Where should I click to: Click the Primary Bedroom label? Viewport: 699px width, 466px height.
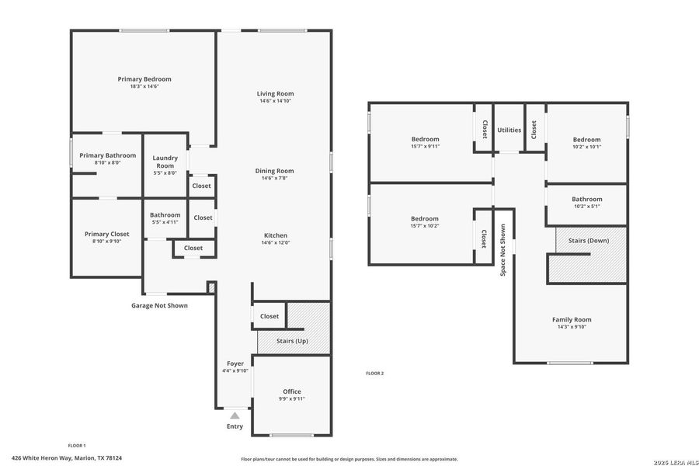pos(144,79)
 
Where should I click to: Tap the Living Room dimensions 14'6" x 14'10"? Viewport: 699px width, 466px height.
pos(276,101)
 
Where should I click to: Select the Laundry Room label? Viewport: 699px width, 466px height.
pos(165,162)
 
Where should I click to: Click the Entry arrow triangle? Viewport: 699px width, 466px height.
pos(235,416)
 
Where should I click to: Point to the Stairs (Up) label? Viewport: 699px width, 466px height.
pos(293,341)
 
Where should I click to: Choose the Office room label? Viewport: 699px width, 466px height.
pos(292,391)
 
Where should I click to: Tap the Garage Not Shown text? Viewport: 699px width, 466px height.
pos(159,305)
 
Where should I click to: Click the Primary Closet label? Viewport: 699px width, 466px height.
pos(107,234)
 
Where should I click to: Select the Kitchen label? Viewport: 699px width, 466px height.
pos(276,235)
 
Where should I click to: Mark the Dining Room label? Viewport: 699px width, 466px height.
pos(276,171)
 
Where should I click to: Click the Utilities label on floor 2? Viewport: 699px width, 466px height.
pos(509,130)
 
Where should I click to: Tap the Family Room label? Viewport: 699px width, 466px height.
pos(572,319)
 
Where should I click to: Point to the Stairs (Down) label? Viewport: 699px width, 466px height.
pos(589,241)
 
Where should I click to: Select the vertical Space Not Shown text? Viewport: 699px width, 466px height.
pos(503,251)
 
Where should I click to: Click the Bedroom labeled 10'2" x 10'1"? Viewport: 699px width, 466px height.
pos(587,140)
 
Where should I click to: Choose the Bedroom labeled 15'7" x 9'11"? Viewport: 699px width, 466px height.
pos(426,140)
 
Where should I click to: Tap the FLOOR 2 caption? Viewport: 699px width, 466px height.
pos(375,374)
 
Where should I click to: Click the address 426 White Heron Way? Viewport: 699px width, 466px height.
pos(67,458)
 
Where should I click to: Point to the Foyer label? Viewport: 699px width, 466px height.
pos(235,363)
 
